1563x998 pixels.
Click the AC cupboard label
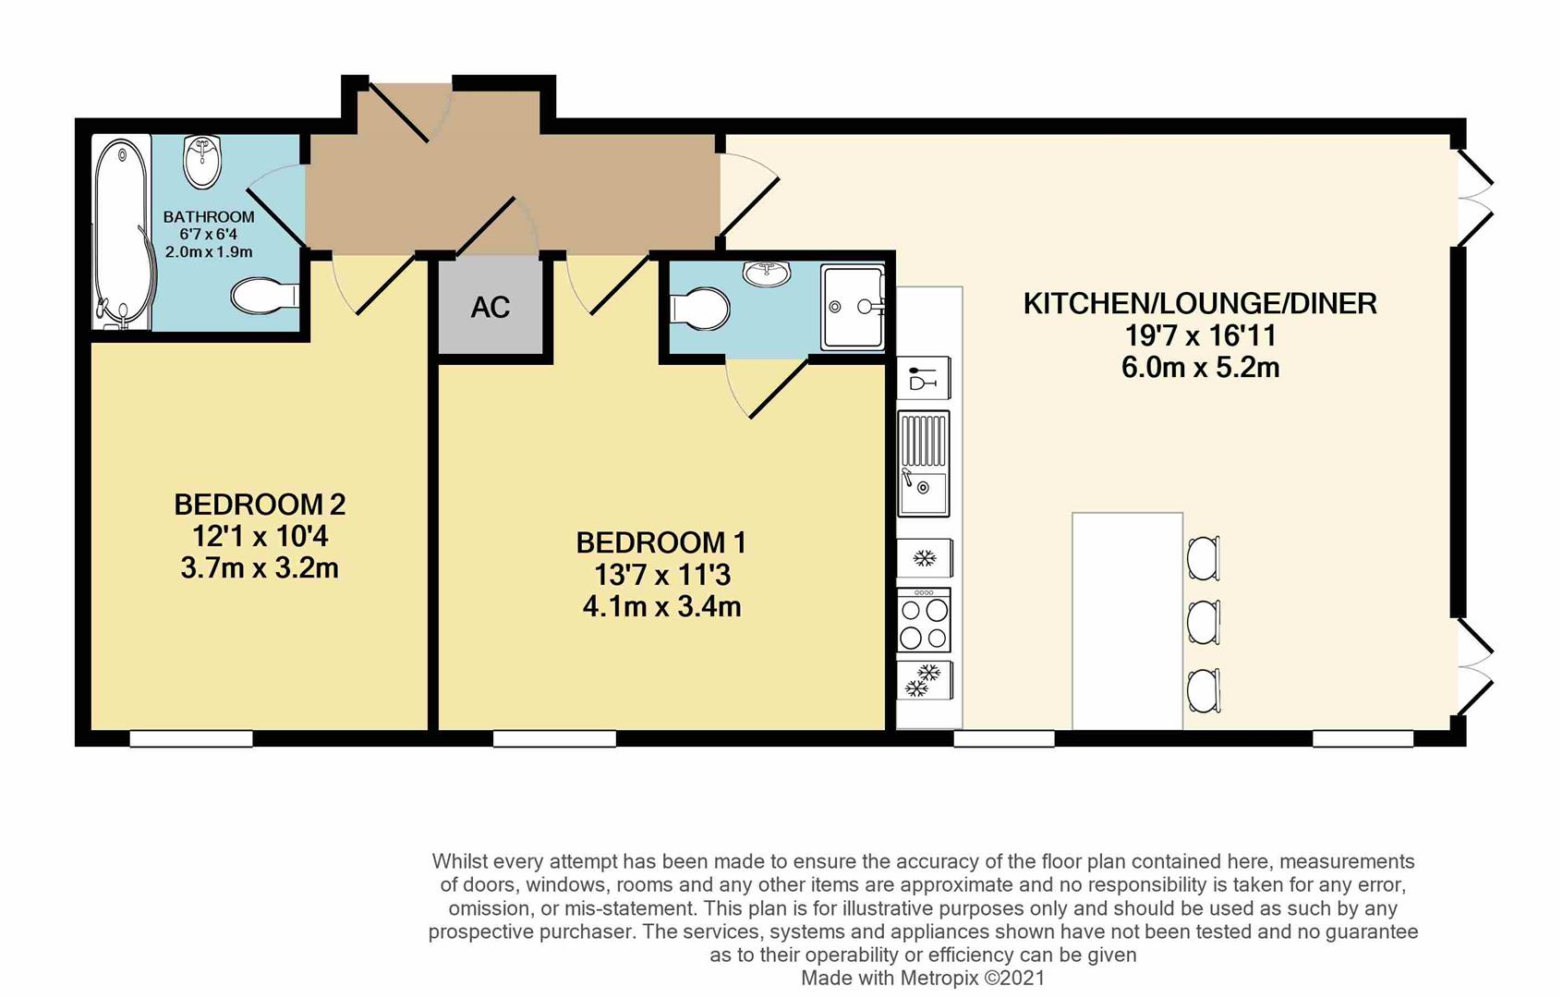pos(490,308)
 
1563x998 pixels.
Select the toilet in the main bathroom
pos(263,297)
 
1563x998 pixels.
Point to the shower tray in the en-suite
pos(853,308)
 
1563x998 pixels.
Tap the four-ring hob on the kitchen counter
pos(924,621)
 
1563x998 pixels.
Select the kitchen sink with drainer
pos(924,463)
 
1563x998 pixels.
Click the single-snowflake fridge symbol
pos(924,558)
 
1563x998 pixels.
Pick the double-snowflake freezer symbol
pos(924,680)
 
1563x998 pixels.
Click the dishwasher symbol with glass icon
pos(924,378)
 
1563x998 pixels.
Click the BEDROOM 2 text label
pos(260,505)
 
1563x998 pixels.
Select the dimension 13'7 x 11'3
pos(662,575)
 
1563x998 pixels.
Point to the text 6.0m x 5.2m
pos(1200,368)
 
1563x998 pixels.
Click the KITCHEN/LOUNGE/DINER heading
pos(1200,303)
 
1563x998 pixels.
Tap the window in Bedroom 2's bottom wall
pos(191,738)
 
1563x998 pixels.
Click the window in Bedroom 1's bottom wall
pos(554,738)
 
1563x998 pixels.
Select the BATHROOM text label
pos(209,217)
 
